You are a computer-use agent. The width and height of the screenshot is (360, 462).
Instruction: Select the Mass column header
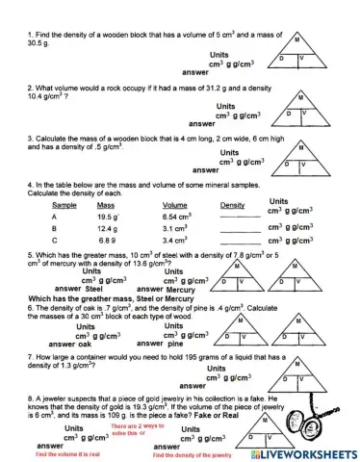pos(106,205)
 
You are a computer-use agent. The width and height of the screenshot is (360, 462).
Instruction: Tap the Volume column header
pos(174,205)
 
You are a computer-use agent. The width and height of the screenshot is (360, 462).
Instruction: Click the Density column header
pos(232,205)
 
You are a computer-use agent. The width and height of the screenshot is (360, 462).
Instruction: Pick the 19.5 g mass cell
pos(108,217)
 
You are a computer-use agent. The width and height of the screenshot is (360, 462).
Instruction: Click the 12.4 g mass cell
pos(107,228)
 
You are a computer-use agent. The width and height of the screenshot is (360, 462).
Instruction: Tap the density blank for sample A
pos(235,218)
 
